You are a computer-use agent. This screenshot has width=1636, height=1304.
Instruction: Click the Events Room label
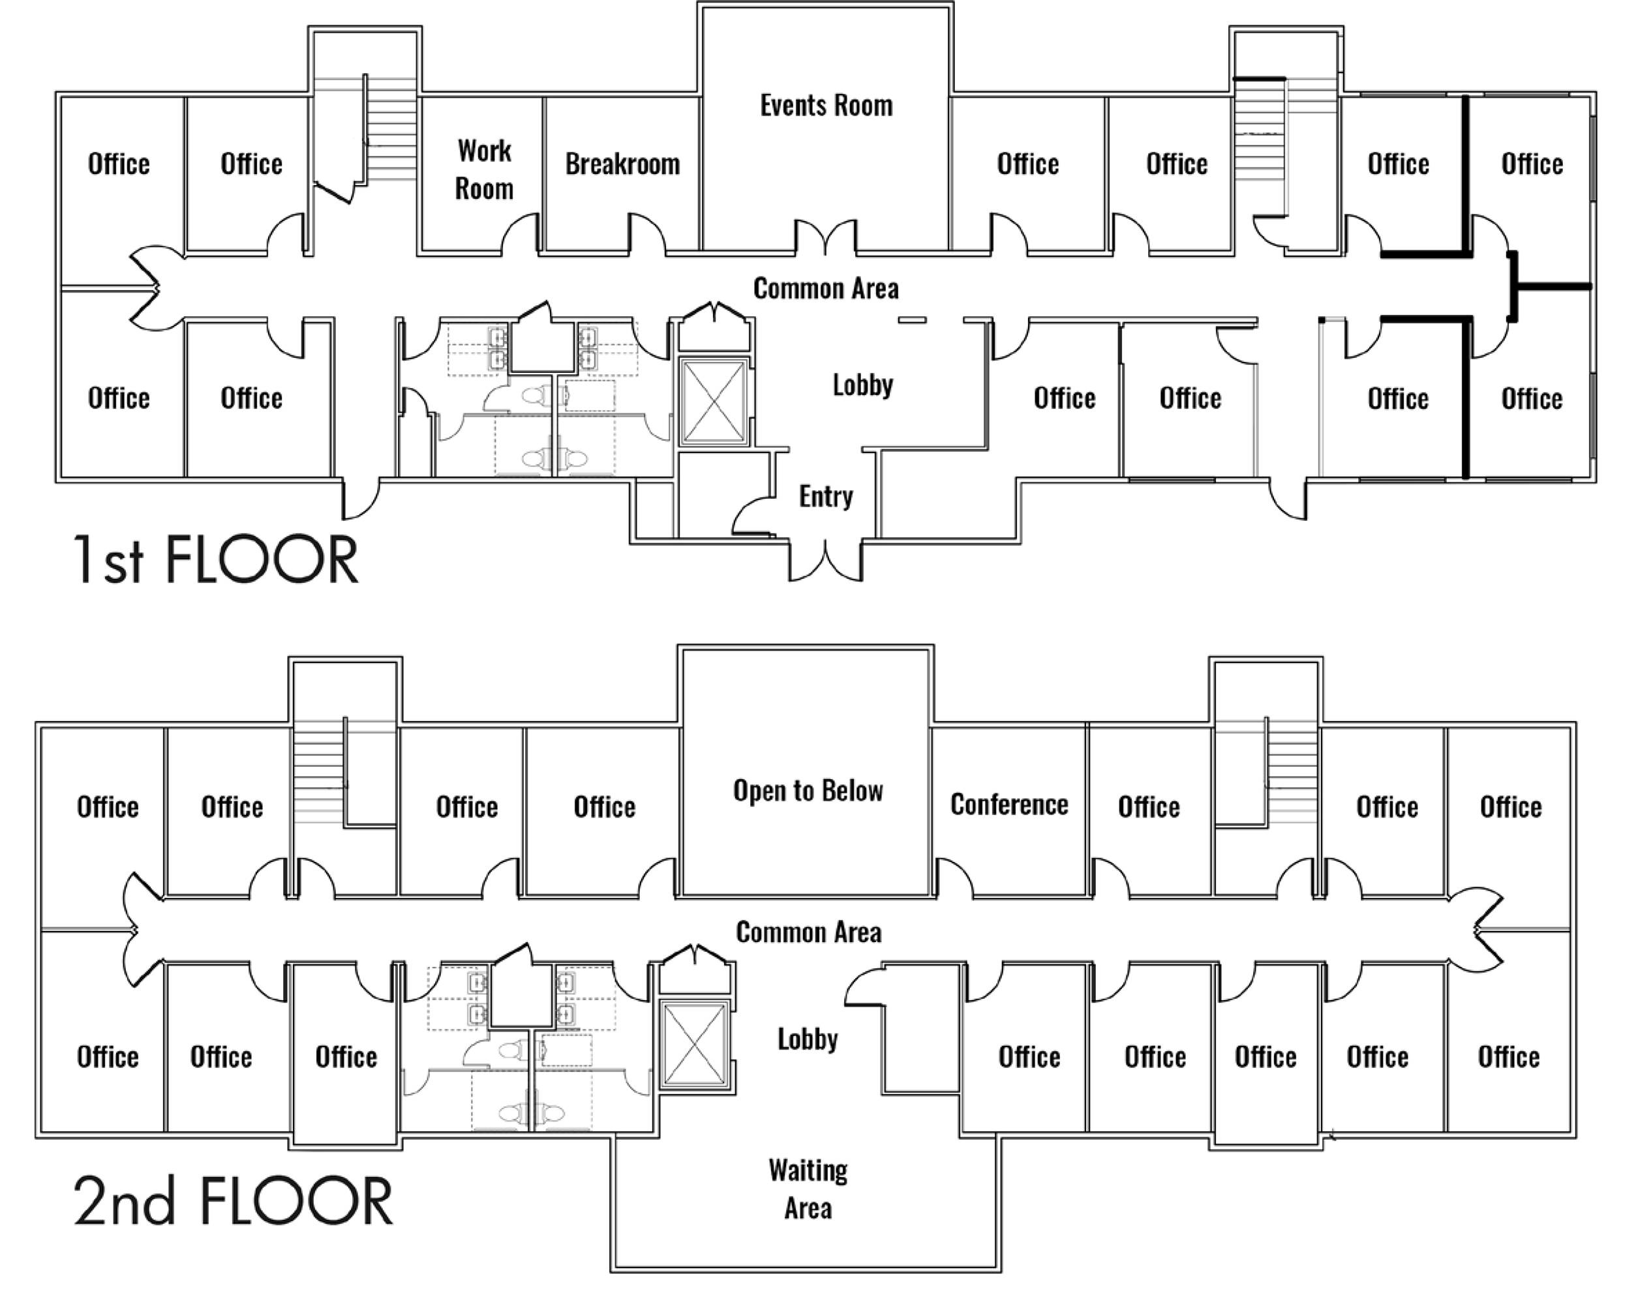tap(826, 106)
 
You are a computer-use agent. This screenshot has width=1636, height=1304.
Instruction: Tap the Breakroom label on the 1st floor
tap(622, 164)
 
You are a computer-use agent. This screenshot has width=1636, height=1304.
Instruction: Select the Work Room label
tap(484, 170)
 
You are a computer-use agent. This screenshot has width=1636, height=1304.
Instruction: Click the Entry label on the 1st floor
tap(826, 496)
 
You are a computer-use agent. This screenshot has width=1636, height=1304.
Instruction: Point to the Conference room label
tap(1009, 804)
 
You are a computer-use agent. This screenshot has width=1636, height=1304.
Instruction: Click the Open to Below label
tap(808, 790)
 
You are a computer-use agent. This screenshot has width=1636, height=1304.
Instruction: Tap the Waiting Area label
tap(808, 1189)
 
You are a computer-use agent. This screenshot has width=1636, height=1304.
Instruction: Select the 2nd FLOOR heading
tap(232, 1202)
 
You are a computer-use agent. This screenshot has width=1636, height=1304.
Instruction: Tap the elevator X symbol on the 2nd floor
tap(694, 1045)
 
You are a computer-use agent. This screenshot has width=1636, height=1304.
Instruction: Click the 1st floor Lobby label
tap(863, 385)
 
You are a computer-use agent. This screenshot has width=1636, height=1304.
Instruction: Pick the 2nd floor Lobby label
tap(808, 1039)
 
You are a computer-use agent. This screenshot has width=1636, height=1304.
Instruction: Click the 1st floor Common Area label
tap(826, 288)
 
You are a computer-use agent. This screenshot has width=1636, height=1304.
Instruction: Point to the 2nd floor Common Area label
tap(808, 932)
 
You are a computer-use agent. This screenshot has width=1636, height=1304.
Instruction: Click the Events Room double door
tap(826, 237)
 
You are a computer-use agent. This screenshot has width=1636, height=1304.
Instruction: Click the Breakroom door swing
tap(645, 233)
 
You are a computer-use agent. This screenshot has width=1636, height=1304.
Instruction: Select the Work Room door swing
tap(521, 233)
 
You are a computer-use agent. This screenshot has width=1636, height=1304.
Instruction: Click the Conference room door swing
tap(954, 878)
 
